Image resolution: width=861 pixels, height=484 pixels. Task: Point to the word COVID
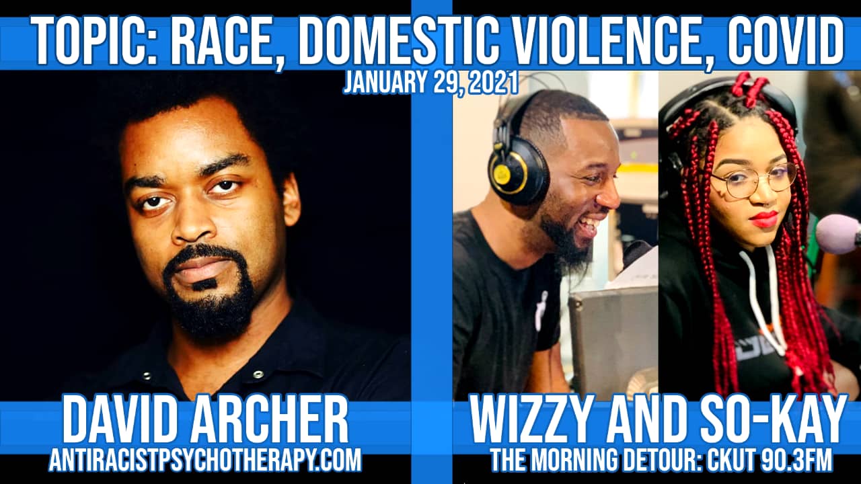coord(780,42)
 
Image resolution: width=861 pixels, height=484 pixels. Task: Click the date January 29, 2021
coord(431,83)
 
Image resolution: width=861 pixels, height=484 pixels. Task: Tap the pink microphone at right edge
coord(838,235)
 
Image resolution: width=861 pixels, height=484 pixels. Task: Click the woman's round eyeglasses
coord(753,181)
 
